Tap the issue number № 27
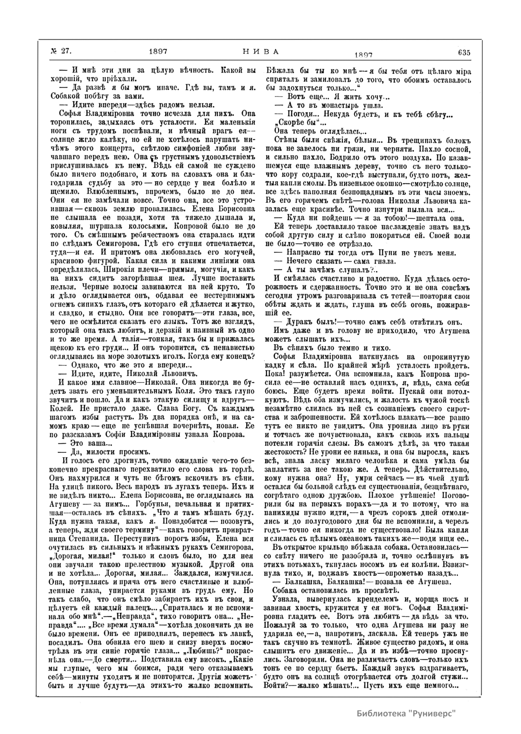click(x=61, y=52)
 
